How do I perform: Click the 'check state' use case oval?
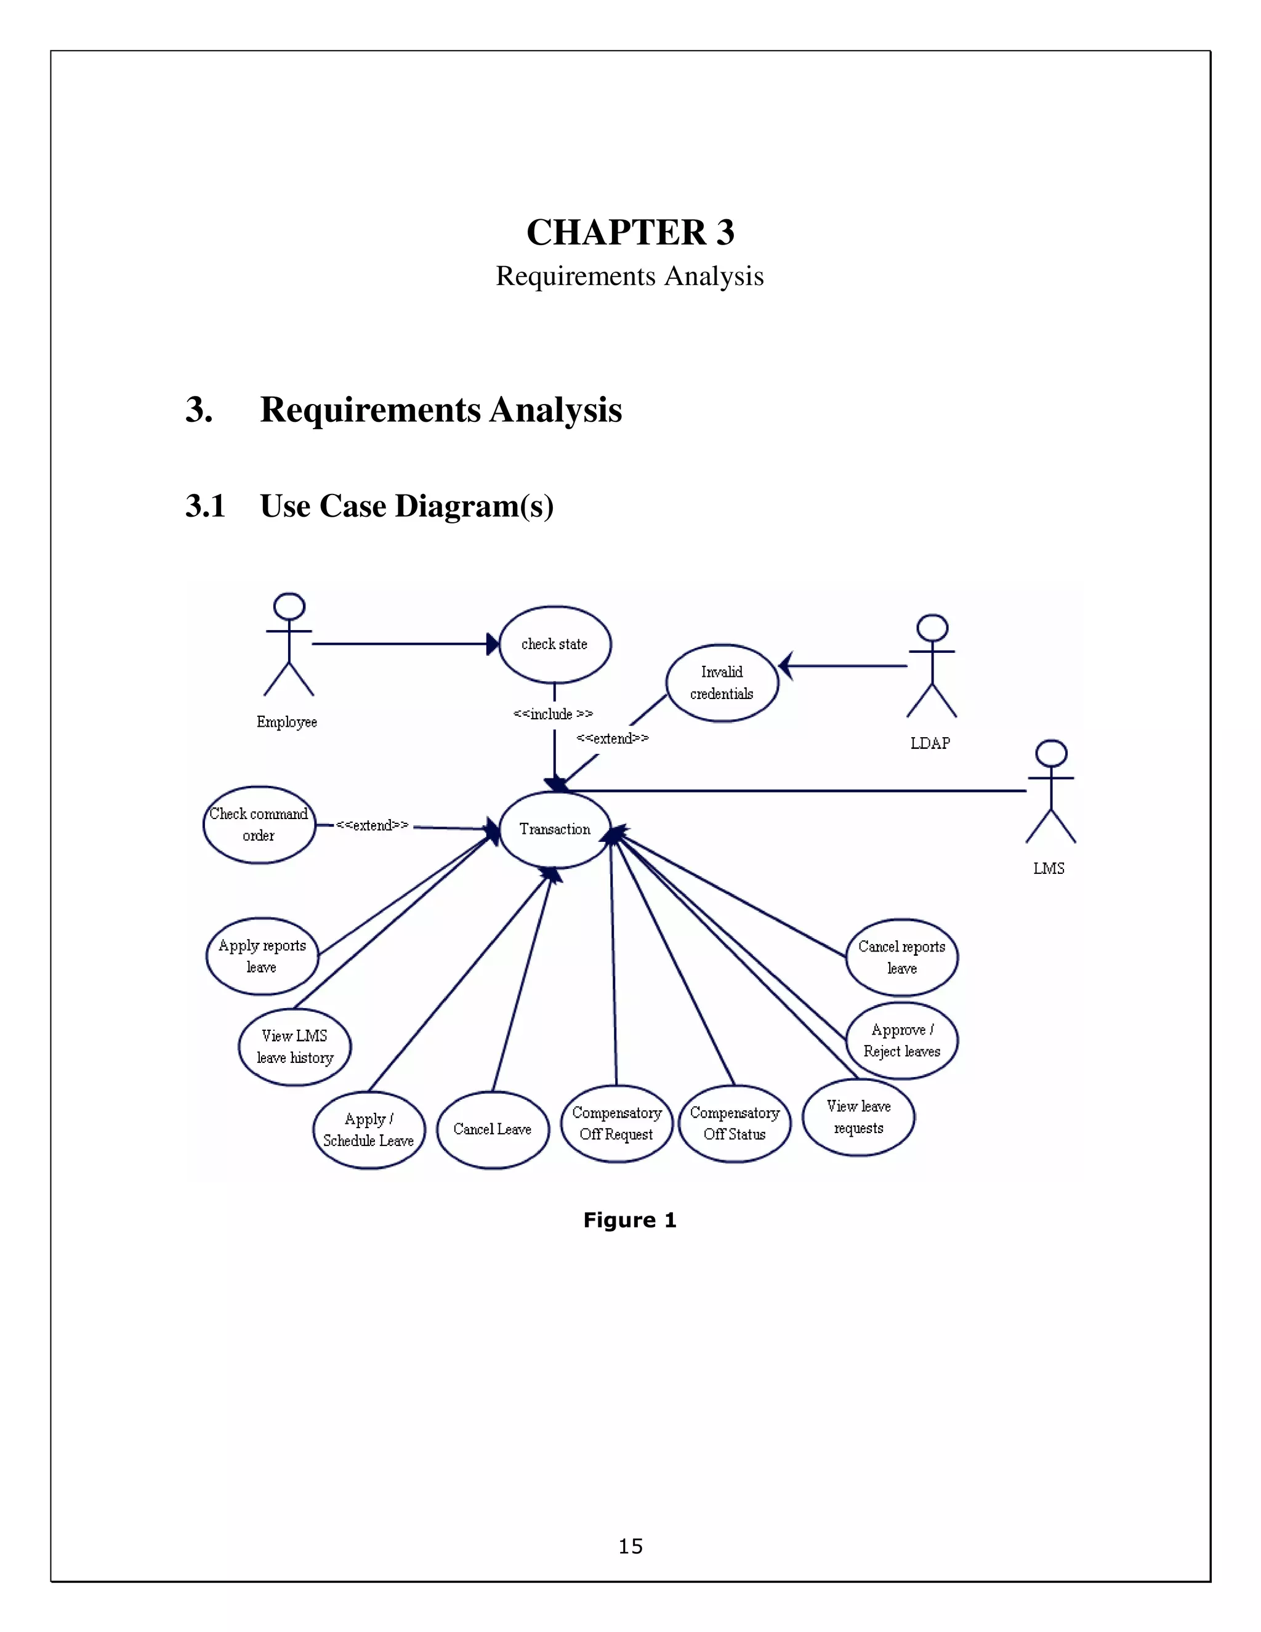pos(554,644)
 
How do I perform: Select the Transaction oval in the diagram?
pos(554,830)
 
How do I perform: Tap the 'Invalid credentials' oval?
pos(722,683)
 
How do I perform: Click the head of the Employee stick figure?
pos(289,606)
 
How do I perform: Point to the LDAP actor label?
pos(930,743)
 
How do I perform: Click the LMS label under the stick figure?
pos(1049,868)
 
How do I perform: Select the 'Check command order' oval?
pos(259,825)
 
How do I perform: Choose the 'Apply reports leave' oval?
pos(262,956)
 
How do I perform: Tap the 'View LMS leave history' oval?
pos(294,1047)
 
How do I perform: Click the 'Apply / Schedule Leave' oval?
pos(368,1130)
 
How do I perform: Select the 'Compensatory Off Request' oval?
pos(616,1123)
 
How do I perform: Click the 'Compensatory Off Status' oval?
pos(735,1123)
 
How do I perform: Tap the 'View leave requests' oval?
pos(858,1117)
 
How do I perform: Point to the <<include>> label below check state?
pos(553,714)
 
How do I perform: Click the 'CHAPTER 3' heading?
pos(630,232)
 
